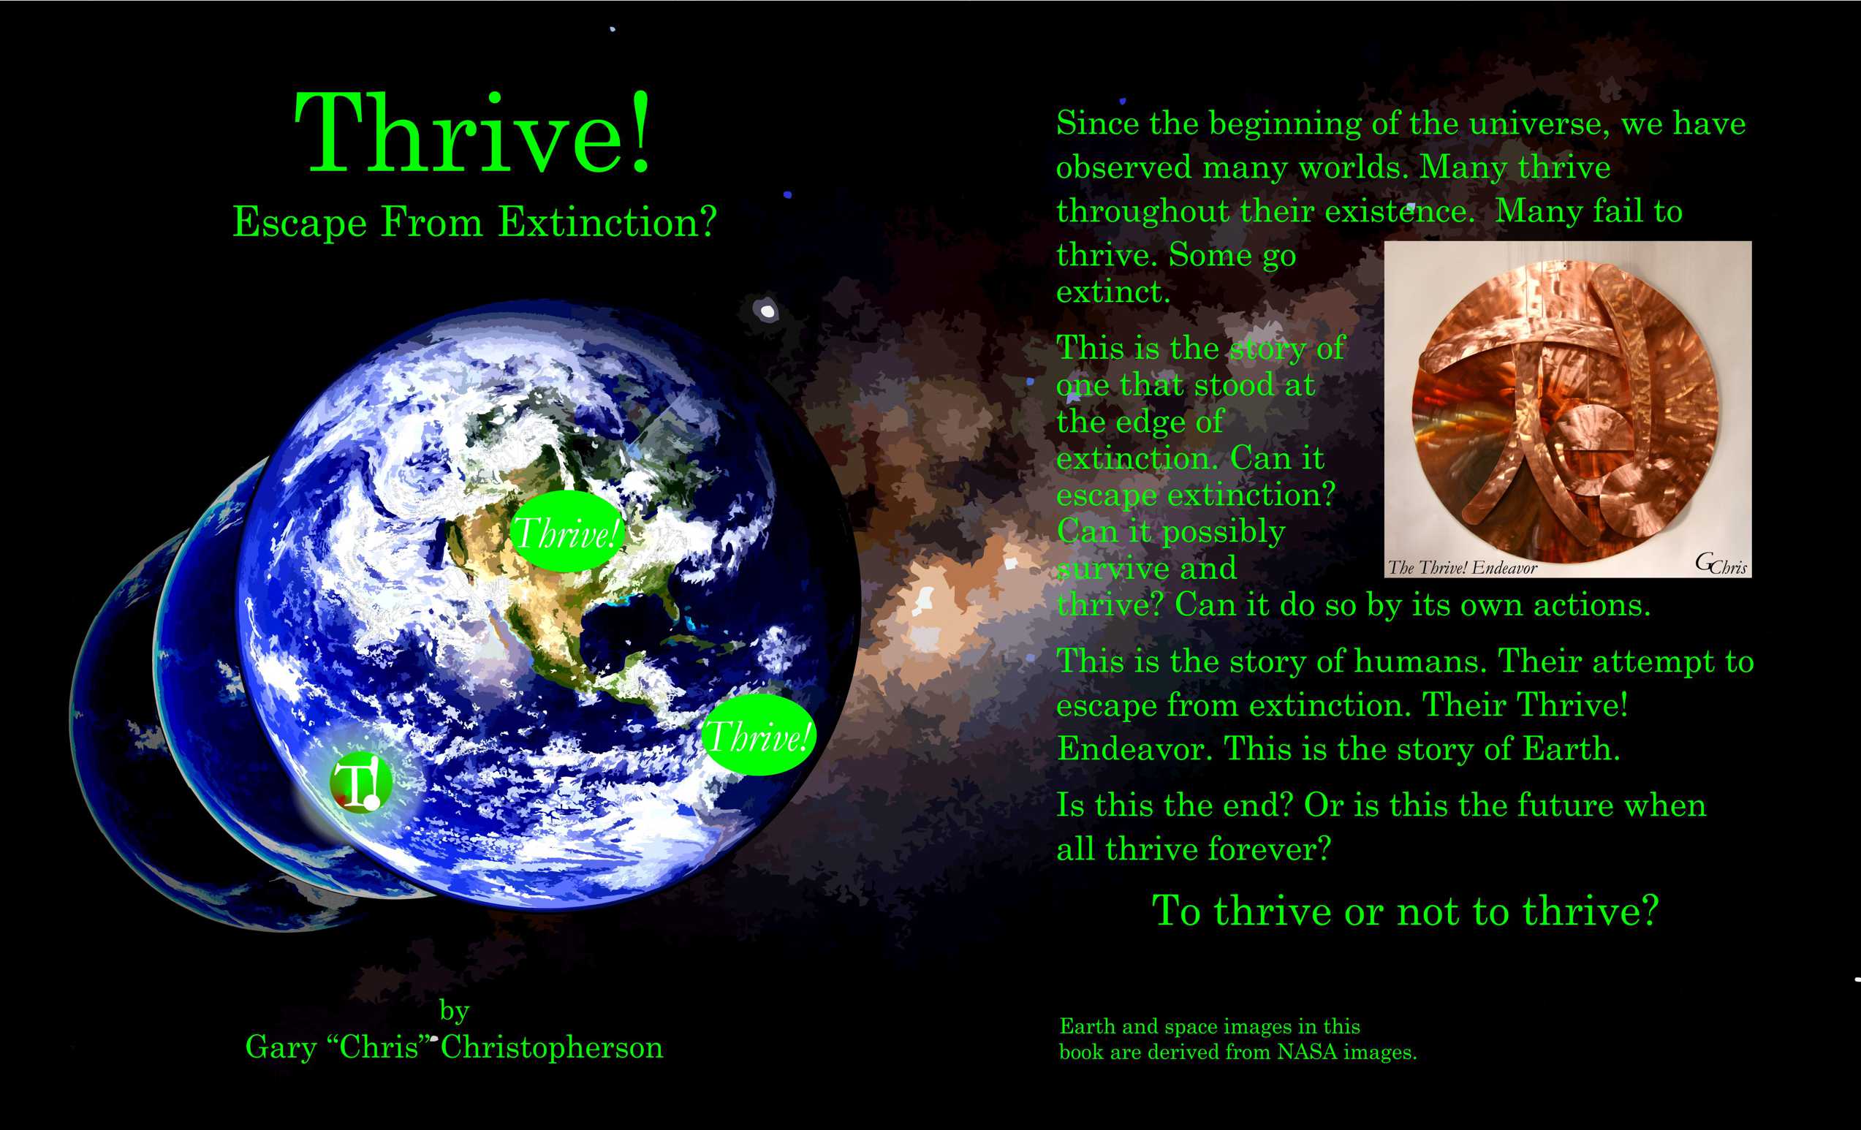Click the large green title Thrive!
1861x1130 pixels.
pos(473,134)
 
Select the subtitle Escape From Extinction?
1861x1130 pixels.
pos(474,223)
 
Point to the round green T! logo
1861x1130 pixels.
pos(361,783)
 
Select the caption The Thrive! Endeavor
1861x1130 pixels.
pos(1462,568)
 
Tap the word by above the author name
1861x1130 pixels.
pos(455,1010)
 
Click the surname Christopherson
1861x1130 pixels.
pos(551,1047)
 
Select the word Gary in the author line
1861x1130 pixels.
pos(280,1047)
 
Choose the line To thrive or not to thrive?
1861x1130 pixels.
pos(1405,911)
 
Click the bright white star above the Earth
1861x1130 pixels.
pos(767,311)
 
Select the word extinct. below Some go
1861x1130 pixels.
pos(1113,292)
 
